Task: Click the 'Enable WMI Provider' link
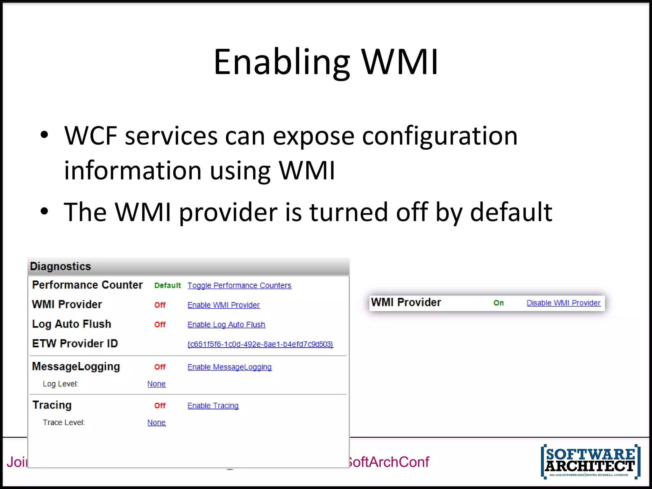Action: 223,305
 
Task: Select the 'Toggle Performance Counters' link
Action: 239,286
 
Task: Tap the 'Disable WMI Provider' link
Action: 563,303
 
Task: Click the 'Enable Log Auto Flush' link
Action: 226,325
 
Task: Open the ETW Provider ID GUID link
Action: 260,344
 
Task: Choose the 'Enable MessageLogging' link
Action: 229,367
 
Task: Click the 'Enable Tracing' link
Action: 213,406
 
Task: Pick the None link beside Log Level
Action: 156,384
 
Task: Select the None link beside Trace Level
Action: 156,422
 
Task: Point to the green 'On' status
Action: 499,303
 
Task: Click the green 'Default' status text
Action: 167,286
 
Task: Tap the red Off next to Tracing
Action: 160,406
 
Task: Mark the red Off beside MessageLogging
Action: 160,367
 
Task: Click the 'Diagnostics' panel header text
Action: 60,266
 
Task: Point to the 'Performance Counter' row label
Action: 87,285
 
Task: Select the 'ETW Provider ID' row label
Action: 75,344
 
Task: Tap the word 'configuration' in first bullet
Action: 440,136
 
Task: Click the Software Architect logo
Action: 591,461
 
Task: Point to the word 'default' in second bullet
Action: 511,212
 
